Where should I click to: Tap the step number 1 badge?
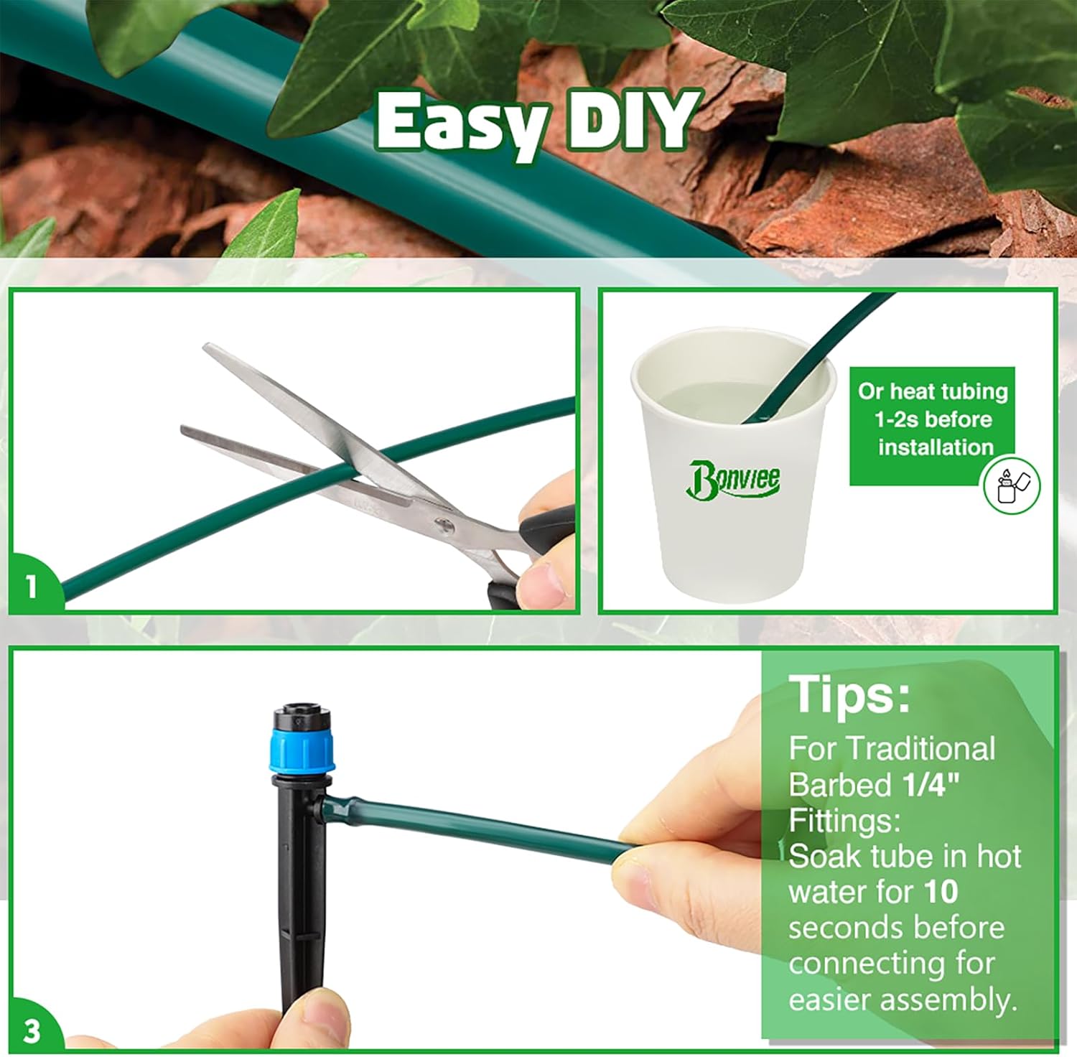[31, 587]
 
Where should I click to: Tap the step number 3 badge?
[32, 1031]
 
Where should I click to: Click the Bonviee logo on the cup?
[733, 479]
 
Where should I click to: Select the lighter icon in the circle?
[1011, 485]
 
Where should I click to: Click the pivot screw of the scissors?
[444, 527]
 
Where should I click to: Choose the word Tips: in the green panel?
[849, 694]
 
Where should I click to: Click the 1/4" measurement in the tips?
[931, 784]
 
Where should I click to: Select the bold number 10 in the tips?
[941, 892]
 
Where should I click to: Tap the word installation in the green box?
[936, 447]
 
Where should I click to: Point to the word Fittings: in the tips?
[844, 820]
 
